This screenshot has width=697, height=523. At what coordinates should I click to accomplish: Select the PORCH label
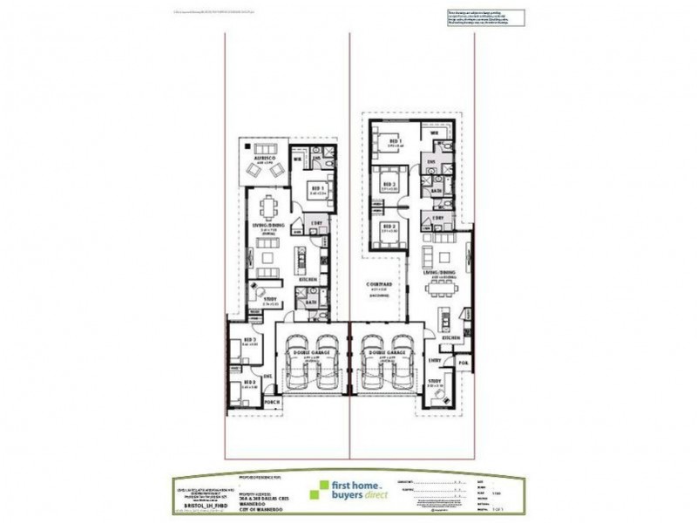click(272, 402)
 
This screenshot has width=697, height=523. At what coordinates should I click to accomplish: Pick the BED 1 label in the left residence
click(317, 187)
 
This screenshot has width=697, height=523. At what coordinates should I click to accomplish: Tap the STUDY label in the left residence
click(270, 300)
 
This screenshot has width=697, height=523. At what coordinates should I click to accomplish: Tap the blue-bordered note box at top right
click(488, 18)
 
